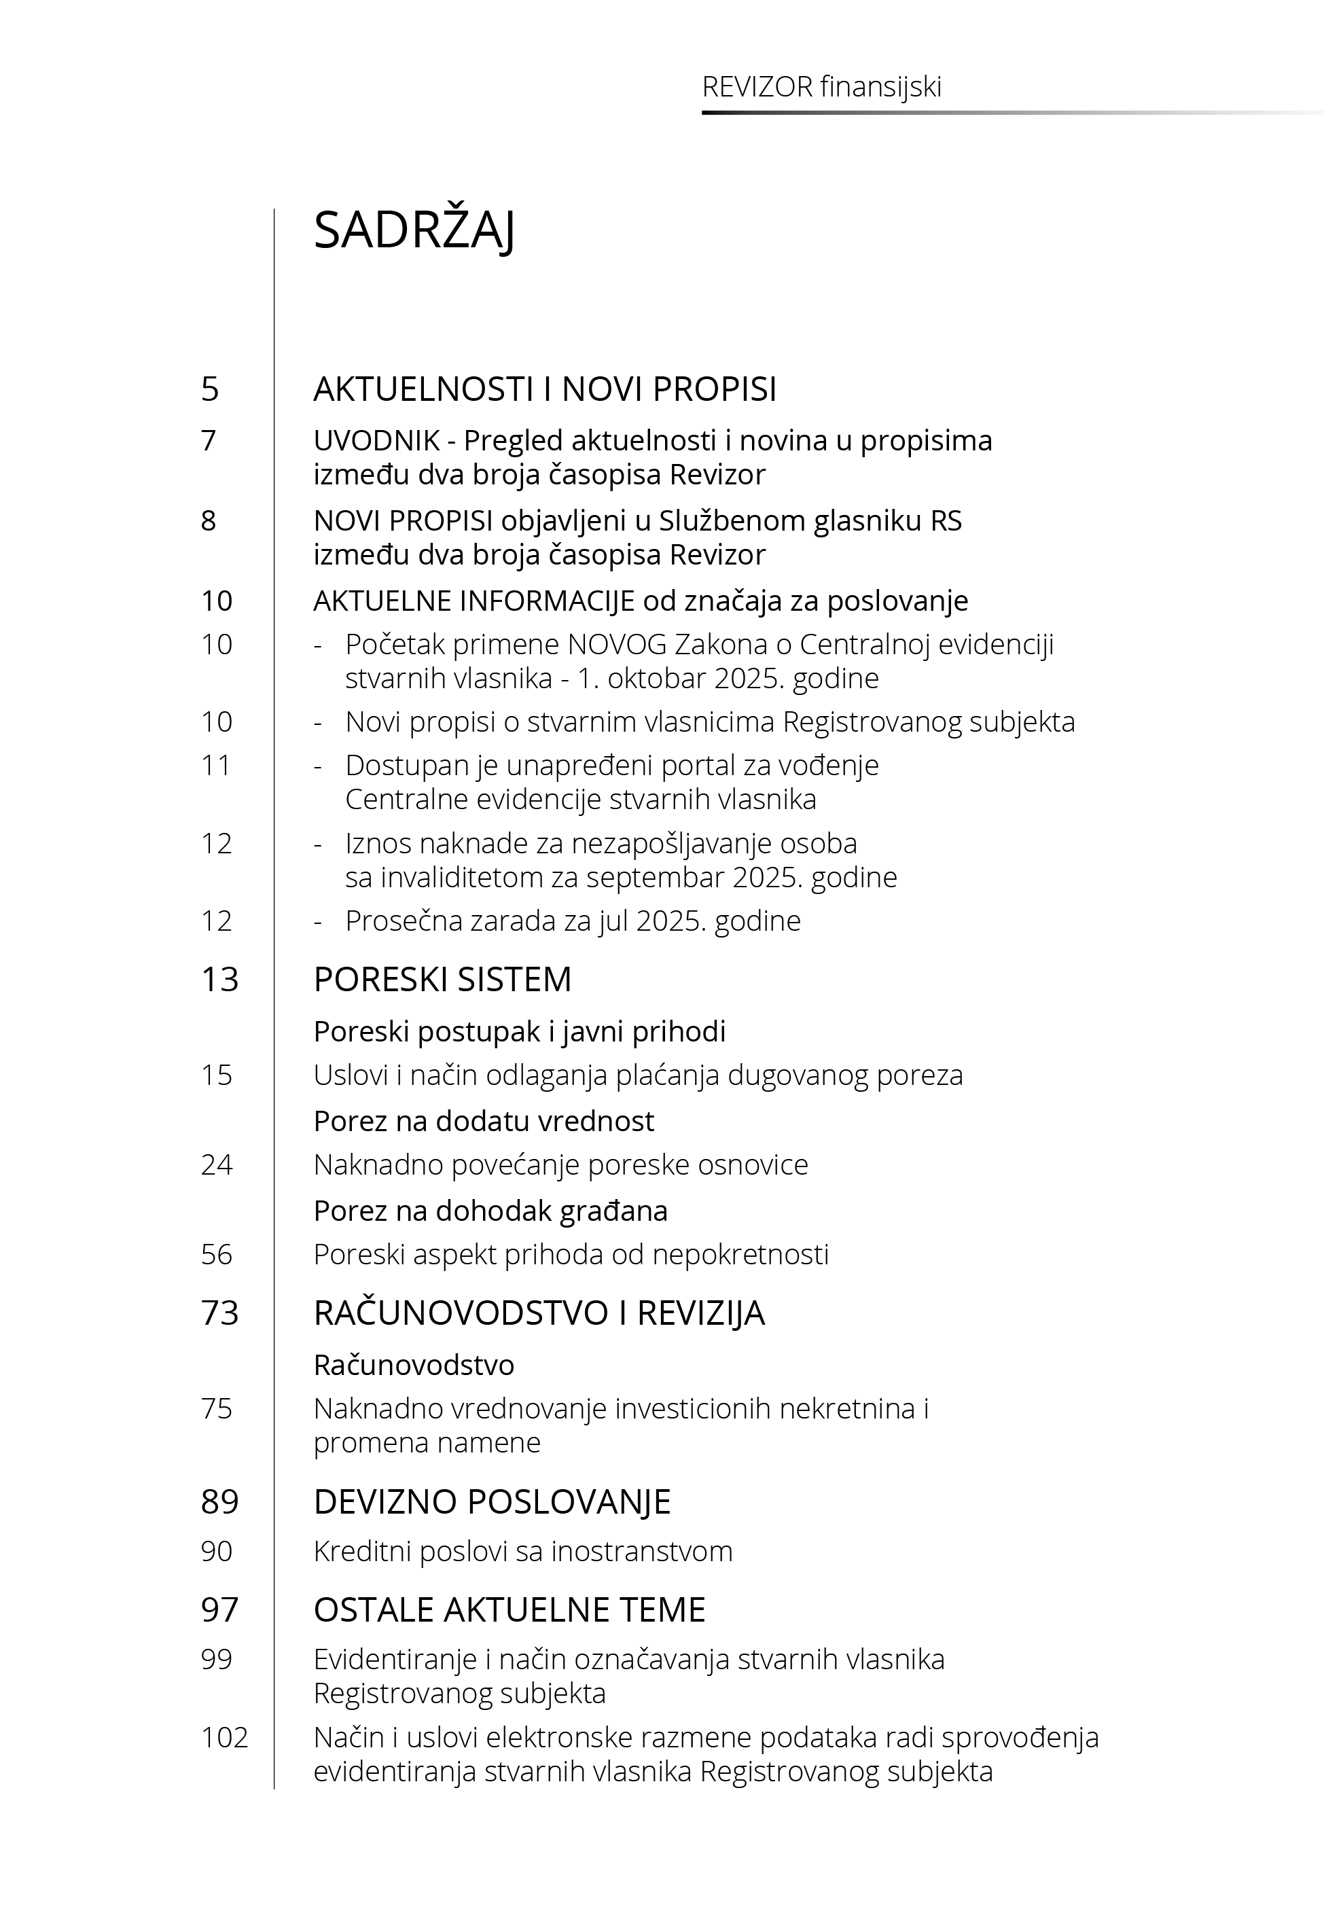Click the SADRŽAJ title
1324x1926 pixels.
pos(414,230)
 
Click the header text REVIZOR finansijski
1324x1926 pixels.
pos(821,87)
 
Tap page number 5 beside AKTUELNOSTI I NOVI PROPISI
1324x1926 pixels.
pos(210,389)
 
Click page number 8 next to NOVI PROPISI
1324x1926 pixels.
pos(209,521)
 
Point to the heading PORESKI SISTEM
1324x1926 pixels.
pos(442,980)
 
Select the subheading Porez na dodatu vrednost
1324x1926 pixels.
pos(484,1122)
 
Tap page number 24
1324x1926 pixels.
pos(217,1164)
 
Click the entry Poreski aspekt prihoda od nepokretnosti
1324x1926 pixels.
pos(571,1254)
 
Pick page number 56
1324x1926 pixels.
pos(217,1254)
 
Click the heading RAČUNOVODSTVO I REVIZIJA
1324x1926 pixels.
pos(539,1313)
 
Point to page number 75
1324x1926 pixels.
pos(217,1408)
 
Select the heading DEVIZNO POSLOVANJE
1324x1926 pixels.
pos(492,1502)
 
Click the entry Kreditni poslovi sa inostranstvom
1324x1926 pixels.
pos(522,1551)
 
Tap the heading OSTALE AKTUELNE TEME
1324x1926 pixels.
pos(509,1610)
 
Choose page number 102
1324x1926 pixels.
pos(224,1737)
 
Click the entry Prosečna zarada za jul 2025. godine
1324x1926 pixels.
pos(573,921)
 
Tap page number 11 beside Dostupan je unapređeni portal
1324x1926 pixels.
pos(217,765)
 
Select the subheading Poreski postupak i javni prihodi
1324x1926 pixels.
pos(519,1032)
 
